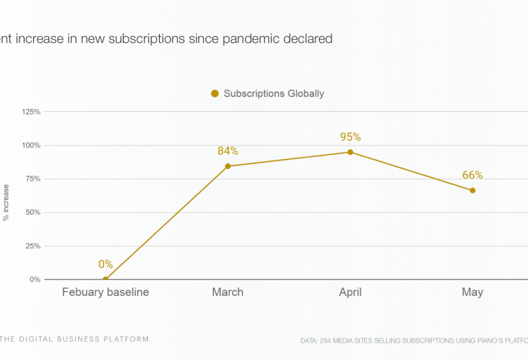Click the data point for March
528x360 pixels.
(x=228, y=166)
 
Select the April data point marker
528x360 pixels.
(x=350, y=152)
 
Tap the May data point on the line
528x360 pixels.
(x=472, y=190)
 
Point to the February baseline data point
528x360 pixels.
(x=106, y=279)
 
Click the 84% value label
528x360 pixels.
(x=228, y=151)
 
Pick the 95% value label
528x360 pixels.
(x=350, y=137)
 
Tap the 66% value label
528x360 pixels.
(x=472, y=175)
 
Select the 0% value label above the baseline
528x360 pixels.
(x=106, y=264)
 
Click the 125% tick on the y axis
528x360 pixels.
(x=32, y=112)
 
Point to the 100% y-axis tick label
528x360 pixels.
(x=32, y=145)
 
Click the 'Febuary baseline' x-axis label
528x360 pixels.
(x=106, y=292)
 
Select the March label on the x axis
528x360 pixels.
(x=228, y=292)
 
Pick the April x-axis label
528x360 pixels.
(x=350, y=292)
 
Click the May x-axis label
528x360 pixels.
(x=472, y=292)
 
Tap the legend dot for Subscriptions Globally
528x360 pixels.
(x=215, y=94)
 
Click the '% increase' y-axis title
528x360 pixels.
(x=7, y=202)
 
